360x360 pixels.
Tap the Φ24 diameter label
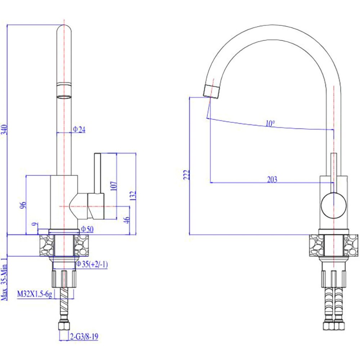[x=79, y=130]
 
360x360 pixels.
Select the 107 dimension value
[x=113, y=186]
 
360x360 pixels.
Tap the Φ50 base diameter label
[x=87, y=229]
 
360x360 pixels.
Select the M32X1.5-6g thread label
[x=35, y=295]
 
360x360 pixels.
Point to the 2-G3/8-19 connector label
[x=84, y=337]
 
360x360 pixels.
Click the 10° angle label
[x=270, y=123]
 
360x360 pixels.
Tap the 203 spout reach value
[x=272, y=180]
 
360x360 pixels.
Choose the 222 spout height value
[x=186, y=175]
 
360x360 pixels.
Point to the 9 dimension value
[x=34, y=226]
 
